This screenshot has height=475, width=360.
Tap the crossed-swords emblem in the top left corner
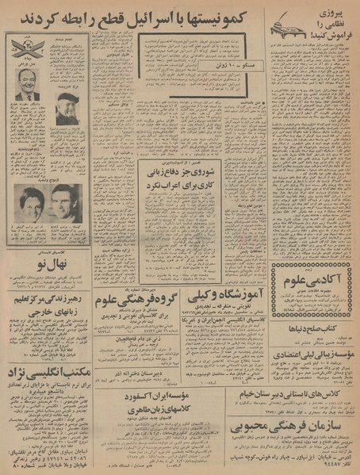[x=21, y=47]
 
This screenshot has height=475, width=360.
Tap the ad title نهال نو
[x=55, y=262]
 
